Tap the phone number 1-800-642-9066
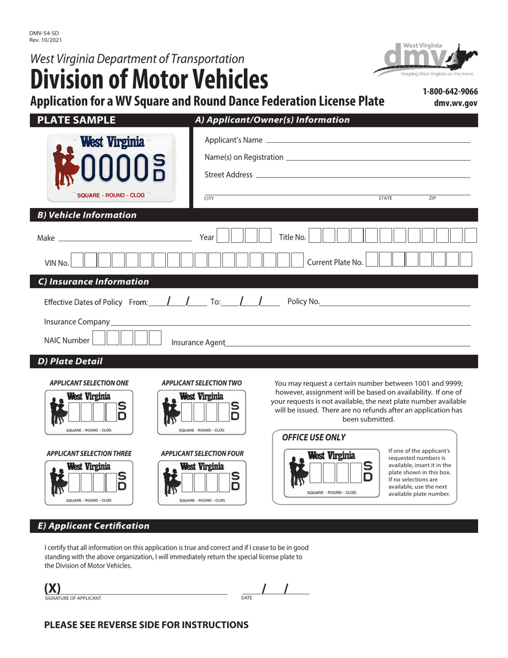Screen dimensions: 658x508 [450, 91]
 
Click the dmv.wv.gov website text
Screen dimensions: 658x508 [456, 104]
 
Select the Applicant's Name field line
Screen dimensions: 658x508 [368, 141]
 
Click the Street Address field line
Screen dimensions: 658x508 [363, 176]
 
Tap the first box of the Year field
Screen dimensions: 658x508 [224, 236]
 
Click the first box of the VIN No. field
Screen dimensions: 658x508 [77, 261]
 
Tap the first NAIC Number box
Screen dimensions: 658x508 [99, 339]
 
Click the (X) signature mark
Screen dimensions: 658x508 [52, 588]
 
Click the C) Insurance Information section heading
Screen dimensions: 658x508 [93, 282]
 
